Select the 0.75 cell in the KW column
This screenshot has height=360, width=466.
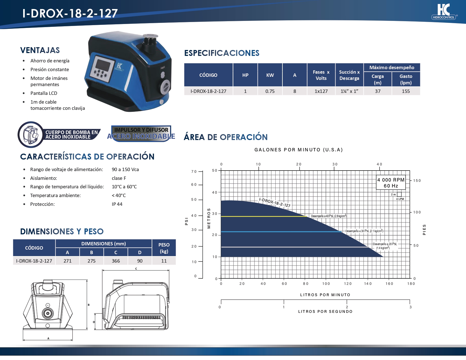click(x=270, y=91)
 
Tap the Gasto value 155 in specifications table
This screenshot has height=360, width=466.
click(x=406, y=91)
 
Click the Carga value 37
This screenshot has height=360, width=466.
click(x=378, y=91)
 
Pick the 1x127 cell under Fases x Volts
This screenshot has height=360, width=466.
click(x=321, y=91)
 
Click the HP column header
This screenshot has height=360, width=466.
click(x=245, y=75)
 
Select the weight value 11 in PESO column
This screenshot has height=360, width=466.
click(x=164, y=261)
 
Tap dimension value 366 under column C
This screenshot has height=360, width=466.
click(x=116, y=261)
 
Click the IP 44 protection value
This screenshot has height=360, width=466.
click(x=117, y=204)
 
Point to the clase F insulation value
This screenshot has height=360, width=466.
click(x=119, y=178)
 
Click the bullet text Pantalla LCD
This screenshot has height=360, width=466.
click(x=44, y=93)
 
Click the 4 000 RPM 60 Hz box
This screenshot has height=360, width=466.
click(x=391, y=183)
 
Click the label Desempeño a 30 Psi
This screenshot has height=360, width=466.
click(x=364, y=231)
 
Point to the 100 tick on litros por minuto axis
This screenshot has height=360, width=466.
click(x=326, y=284)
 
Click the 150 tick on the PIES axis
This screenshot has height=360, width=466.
click(x=417, y=181)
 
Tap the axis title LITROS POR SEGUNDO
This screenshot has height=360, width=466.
click(x=325, y=311)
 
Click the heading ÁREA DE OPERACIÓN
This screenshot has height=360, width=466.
click(x=225, y=137)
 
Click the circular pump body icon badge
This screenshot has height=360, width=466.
click(x=31, y=135)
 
